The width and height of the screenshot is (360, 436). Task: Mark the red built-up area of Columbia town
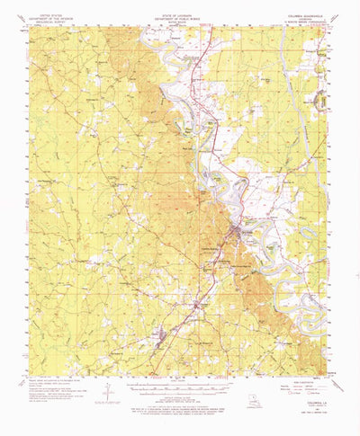(236, 235)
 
